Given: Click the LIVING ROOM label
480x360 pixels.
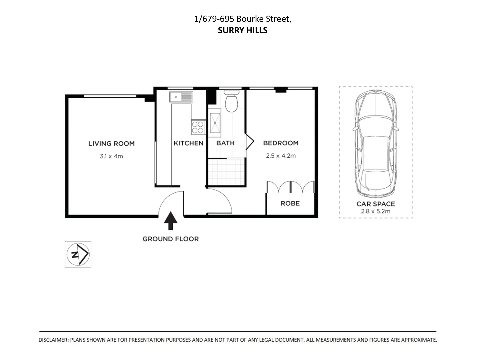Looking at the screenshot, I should coord(111,144).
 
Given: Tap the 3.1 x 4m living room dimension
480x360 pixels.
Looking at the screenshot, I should coord(111,156).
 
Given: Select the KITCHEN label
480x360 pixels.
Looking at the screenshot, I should coord(188,143).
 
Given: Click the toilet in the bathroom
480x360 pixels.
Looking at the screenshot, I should coord(232,101).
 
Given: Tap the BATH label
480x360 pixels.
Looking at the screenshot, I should coord(225,143).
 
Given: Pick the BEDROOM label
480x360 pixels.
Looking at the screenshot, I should coord(281,143).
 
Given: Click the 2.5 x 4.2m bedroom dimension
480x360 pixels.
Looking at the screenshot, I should coord(281,156).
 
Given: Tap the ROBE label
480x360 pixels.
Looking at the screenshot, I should coord(290,203).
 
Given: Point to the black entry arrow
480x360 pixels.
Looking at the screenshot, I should coord(171,221).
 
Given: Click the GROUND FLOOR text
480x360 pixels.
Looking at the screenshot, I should coord(170,239).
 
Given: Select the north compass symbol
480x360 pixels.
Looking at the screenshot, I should coord(78,254).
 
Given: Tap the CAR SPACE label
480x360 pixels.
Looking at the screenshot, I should coord(376,204).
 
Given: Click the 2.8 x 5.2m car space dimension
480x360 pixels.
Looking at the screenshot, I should coord(376,211).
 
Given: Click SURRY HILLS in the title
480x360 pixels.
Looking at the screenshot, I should coord(242,30).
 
